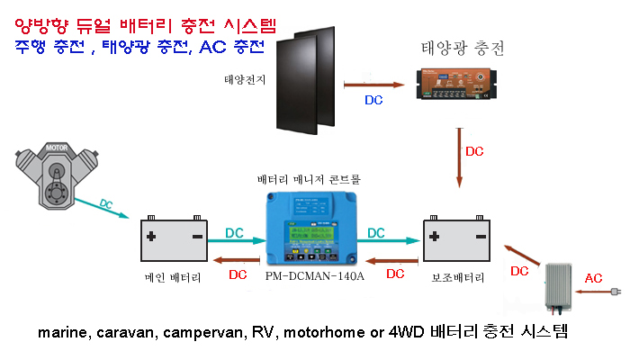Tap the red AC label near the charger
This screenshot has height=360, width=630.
tap(594, 277)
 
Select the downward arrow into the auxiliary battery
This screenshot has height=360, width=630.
tap(460, 158)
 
